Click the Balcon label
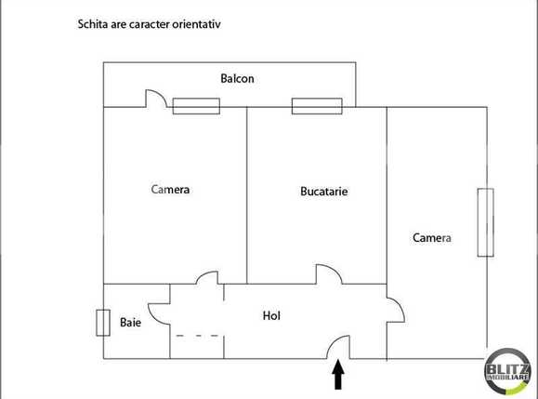pos(237,79)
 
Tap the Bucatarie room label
pos(323,192)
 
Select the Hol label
pos(272,315)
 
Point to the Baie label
pos(130,323)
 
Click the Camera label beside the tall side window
pos(431,237)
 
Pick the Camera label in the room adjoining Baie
pos(170,190)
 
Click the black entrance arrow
pos(338,375)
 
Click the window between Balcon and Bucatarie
pos(317,106)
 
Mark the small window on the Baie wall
pos(102,323)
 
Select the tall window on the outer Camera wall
pos(483,222)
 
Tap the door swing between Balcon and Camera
pos(155,99)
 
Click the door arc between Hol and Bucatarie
pos(329,273)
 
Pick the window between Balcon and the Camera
pos(196,106)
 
